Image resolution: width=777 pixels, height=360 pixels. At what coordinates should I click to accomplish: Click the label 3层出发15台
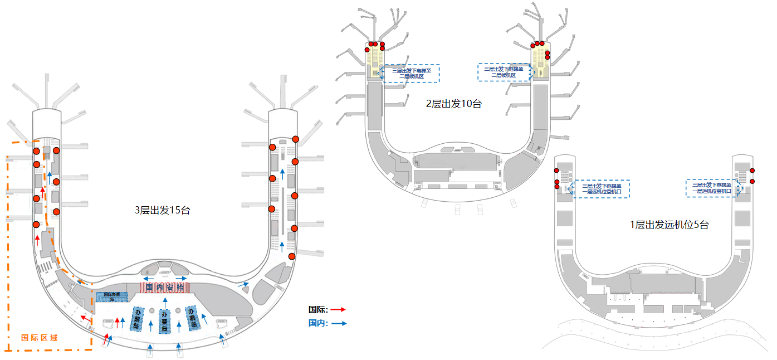163,211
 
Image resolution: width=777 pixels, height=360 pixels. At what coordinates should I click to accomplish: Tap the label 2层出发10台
453,103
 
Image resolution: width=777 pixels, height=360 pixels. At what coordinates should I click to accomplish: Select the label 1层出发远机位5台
669,225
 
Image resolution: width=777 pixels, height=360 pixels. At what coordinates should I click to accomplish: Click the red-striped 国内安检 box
164,288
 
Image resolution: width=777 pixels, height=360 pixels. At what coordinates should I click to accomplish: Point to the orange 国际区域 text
39,338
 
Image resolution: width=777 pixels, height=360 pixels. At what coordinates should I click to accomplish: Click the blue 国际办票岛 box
112,296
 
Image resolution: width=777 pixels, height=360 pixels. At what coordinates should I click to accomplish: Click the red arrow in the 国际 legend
338,309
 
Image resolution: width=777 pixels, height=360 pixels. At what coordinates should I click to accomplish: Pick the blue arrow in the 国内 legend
338,323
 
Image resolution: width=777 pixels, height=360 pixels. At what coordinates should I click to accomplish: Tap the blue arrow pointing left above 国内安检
149,278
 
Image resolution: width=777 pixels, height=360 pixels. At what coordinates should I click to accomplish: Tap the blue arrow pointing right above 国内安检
180,278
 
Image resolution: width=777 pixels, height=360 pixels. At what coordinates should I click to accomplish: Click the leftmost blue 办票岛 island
138,319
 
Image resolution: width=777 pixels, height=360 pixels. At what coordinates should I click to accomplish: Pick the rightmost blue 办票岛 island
193,318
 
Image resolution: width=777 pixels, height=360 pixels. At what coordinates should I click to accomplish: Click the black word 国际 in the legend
317,310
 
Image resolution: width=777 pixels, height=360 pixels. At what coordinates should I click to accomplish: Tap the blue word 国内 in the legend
317,323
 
